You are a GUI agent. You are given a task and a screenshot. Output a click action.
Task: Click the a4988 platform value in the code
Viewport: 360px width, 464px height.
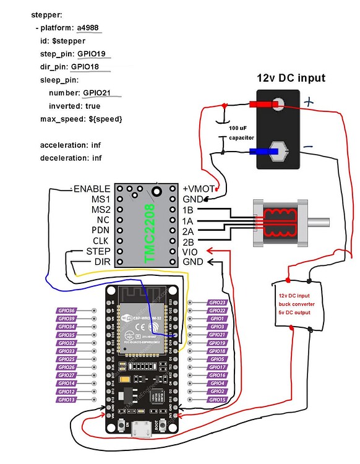click(x=87, y=28)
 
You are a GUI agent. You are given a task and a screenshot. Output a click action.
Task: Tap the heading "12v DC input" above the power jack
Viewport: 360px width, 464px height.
click(x=291, y=78)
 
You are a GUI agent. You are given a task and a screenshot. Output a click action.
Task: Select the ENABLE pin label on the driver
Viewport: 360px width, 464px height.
click(x=92, y=189)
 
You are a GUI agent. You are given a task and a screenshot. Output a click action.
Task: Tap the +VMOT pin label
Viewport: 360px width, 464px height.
click(x=197, y=189)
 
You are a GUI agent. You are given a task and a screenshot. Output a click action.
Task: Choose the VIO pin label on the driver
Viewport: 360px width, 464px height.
click(x=190, y=252)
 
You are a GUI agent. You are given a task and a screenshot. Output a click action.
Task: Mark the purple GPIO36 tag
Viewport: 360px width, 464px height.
click(x=67, y=311)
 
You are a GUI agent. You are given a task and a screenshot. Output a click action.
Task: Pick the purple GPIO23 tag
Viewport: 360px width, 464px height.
click(x=217, y=303)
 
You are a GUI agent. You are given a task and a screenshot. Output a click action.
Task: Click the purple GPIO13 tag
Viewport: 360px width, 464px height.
click(x=67, y=400)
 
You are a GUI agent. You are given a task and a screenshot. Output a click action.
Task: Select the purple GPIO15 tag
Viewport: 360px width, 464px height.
click(x=217, y=400)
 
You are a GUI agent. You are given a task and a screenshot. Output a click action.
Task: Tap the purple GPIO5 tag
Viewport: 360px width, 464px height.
click(x=217, y=359)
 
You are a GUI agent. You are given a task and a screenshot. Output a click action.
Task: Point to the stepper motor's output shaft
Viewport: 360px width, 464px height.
click(x=322, y=221)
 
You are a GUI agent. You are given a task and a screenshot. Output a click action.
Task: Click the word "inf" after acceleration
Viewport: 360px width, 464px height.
click(x=96, y=145)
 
